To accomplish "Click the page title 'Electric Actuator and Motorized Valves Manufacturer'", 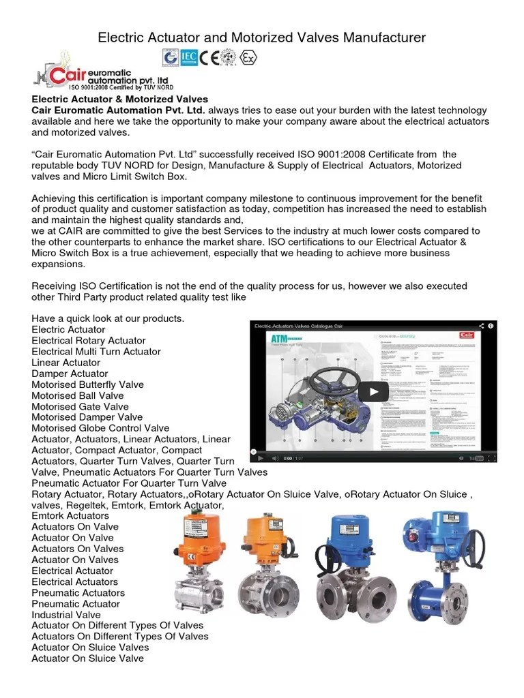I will [x=262, y=37].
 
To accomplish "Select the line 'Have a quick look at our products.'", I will [x=108, y=318].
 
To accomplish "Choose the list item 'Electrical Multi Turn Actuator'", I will [x=96, y=351].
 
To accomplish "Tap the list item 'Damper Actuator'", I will [x=70, y=373].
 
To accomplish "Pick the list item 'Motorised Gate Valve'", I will [x=80, y=406].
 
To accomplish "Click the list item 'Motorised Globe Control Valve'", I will [x=100, y=428].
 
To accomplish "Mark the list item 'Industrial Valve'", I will [x=66, y=614].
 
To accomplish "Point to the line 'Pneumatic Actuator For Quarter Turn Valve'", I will [x=129, y=483].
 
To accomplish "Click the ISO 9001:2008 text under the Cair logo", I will [x=120, y=87].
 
